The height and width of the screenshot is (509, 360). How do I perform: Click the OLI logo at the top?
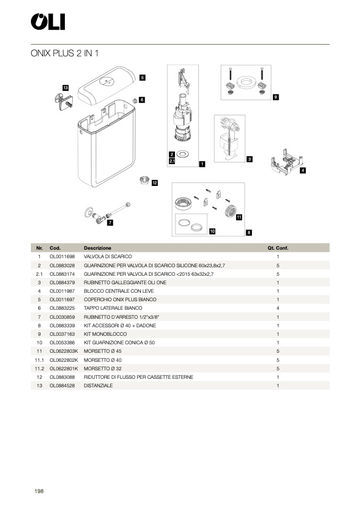pyautogui.click(x=48, y=22)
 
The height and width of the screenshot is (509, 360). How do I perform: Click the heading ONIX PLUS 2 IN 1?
pyautogui.click(x=65, y=53)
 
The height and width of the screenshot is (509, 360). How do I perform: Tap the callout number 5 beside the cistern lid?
pyautogui.click(x=143, y=78)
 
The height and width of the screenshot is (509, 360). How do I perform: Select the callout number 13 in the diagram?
pyautogui.click(x=65, y=87)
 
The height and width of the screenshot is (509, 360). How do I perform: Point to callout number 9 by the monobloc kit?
pyautogui.click(x=275, y=97)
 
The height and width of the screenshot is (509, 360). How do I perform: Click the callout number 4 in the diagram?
pyautogui.click(x=303, y=171)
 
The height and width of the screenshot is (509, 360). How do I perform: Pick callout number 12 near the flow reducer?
pyautogui.click(x=155, y=183)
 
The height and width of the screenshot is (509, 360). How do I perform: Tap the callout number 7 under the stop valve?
pyautogui.click(x=110, y=223)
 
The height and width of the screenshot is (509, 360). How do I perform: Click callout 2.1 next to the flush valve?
pyautogui.click(x=172, y=160)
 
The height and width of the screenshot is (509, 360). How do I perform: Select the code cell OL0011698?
pyautogui.click(x=62, y=257)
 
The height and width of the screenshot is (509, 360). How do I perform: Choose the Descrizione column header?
pyautogui.click(x=97, y=248)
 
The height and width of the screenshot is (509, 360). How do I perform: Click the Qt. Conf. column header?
pyautogui.click(x=278, y=248)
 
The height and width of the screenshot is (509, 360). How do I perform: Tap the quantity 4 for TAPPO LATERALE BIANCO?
pyautogui.click(x=278, y=308)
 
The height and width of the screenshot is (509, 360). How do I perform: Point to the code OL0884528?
pyautogui.click(x=62, y=386)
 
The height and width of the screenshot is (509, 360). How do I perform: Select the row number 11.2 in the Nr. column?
pyautogui.click(x=39, y=369)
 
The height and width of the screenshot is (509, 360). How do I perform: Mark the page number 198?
pyautogui.click(x=39, y=491)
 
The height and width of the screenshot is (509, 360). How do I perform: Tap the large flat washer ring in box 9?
pyautogui.click(x=246, y=82)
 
